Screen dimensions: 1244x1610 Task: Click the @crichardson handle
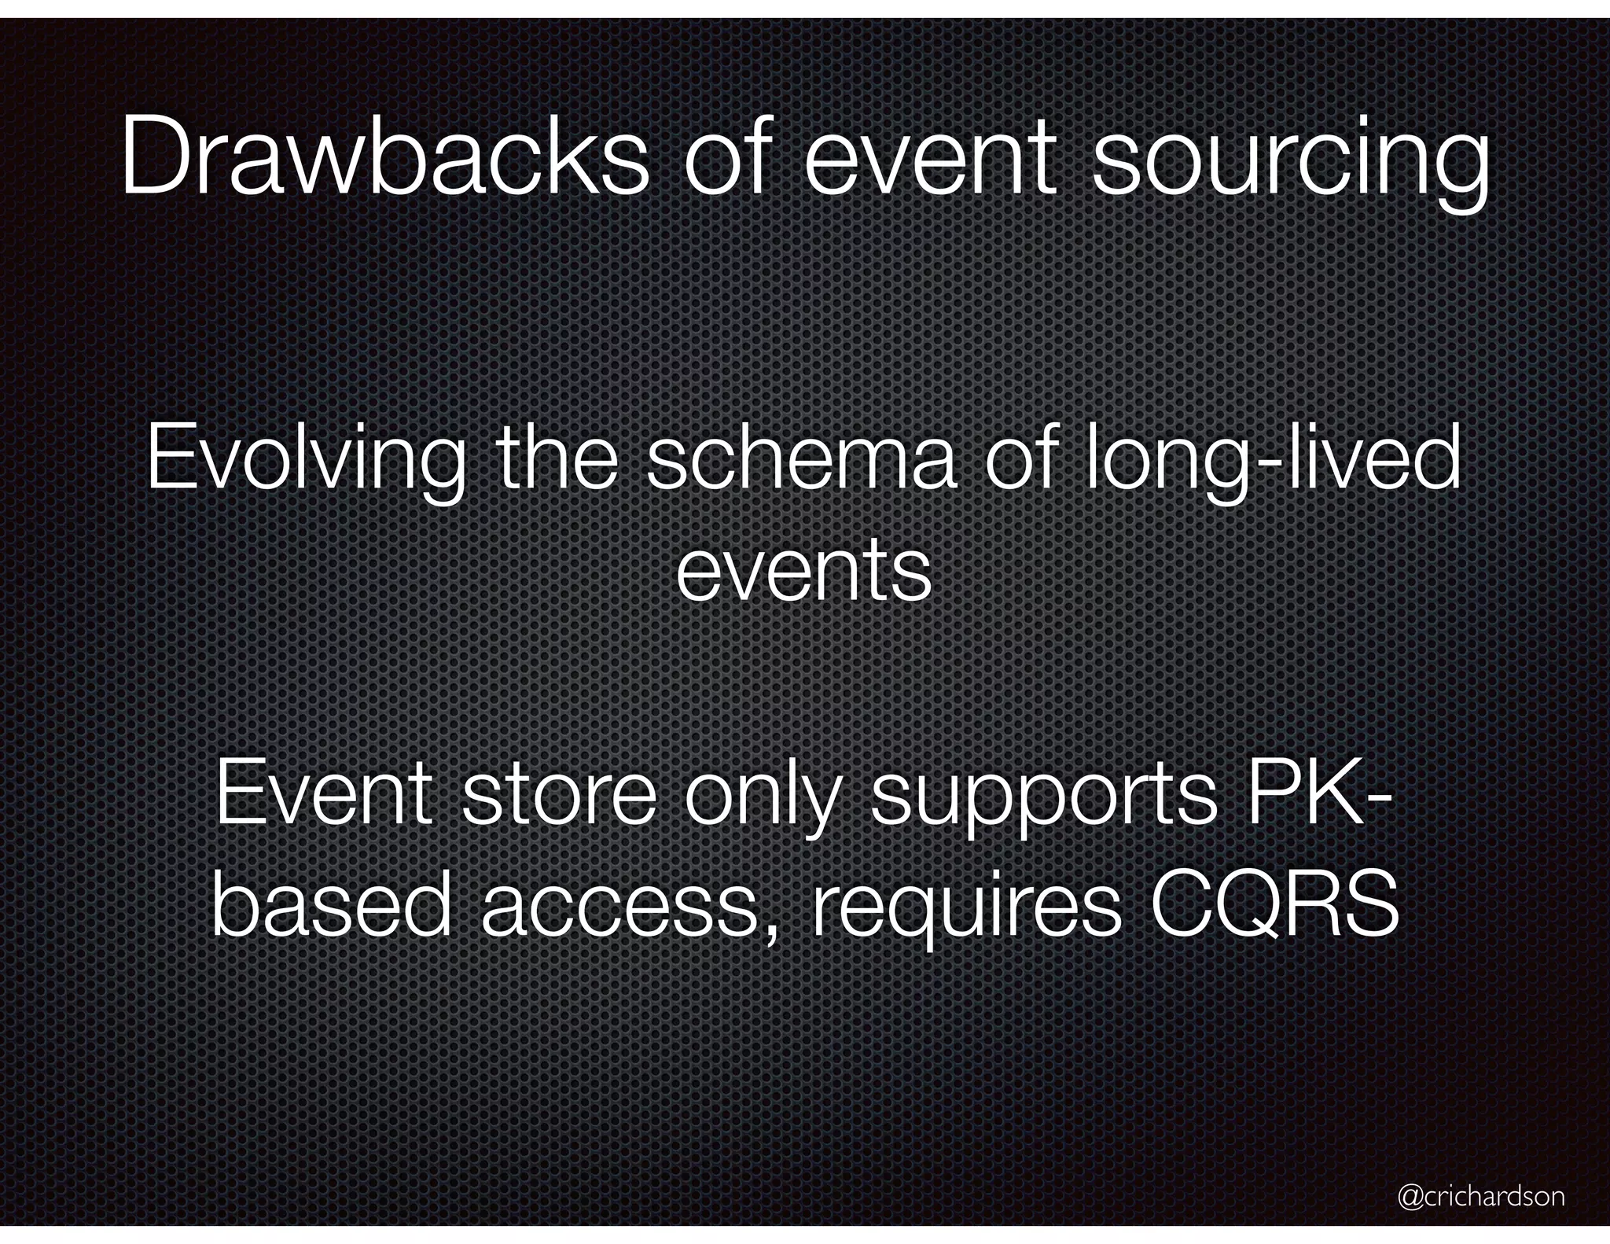click(x=1481, y=1196)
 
